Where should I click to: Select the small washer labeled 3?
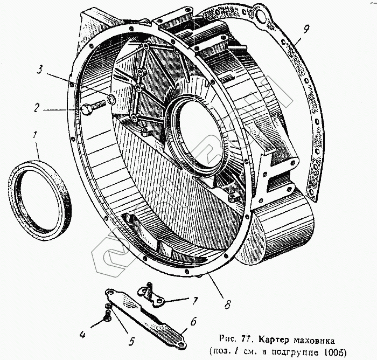110,99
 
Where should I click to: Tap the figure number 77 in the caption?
249,341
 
